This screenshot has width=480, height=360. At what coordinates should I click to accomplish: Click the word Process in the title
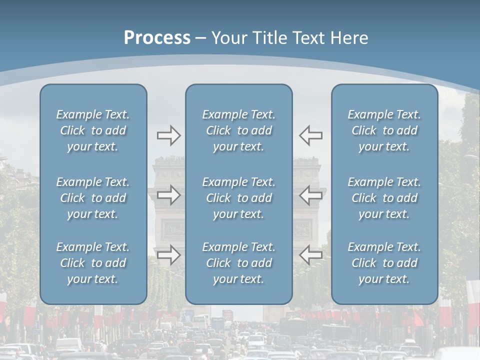click(x=157, y=38)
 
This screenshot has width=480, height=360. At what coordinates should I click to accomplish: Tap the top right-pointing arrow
click(x=169, y=135)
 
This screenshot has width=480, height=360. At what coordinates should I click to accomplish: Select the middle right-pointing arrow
click(x=169, y=195)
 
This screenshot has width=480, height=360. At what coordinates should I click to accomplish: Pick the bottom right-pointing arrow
click(x=169, y=255)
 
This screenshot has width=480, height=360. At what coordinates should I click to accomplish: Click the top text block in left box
click(x=93, y=130)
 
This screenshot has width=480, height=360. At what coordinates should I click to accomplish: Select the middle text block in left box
click(x=93, y=198)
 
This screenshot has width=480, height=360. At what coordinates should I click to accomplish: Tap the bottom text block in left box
click(x=93, y=263)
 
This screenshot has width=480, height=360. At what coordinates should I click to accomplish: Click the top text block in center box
click(x=238, y=130)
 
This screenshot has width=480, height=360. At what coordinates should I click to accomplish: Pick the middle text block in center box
click(x=238, y=198)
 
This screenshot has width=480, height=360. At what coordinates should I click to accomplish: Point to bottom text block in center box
click(x=238, y=263)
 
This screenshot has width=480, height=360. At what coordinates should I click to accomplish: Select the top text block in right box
click(x=384, y=130)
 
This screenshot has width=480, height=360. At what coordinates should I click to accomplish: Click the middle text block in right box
click(x=384, y=198)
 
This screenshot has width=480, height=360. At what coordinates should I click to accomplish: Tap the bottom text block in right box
click(x=384, y=263)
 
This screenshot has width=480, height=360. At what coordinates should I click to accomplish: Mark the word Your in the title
click(x=227, y=38)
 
